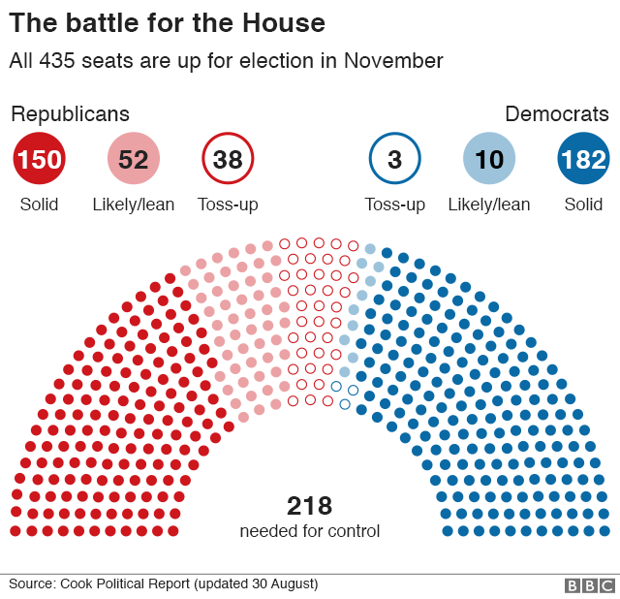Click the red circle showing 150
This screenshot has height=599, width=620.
[x=39, y=159]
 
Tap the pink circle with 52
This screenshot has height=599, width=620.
[x=133, y=159]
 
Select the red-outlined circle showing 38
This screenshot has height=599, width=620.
[x=228, y=159]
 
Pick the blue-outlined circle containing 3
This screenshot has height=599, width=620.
[x=394, y=159]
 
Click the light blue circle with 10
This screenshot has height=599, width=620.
[x=489, y=159]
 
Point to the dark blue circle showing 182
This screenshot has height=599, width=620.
[x=583, y=159]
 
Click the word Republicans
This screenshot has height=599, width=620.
[x=70, y=114]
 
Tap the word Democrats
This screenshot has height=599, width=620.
[x=557, y=114]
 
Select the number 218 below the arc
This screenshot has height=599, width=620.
[x=310, y=506]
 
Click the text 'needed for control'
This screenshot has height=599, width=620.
[x=310, y=531]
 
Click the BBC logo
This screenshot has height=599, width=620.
[x=589, y=585]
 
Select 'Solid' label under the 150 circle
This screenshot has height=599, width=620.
[x=39, y=205]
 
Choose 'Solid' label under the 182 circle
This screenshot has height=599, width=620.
[x=583, y=205]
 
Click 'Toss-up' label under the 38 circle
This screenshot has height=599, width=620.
[x=228, y=205]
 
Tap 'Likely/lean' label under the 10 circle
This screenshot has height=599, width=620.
[x=489, y=205]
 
